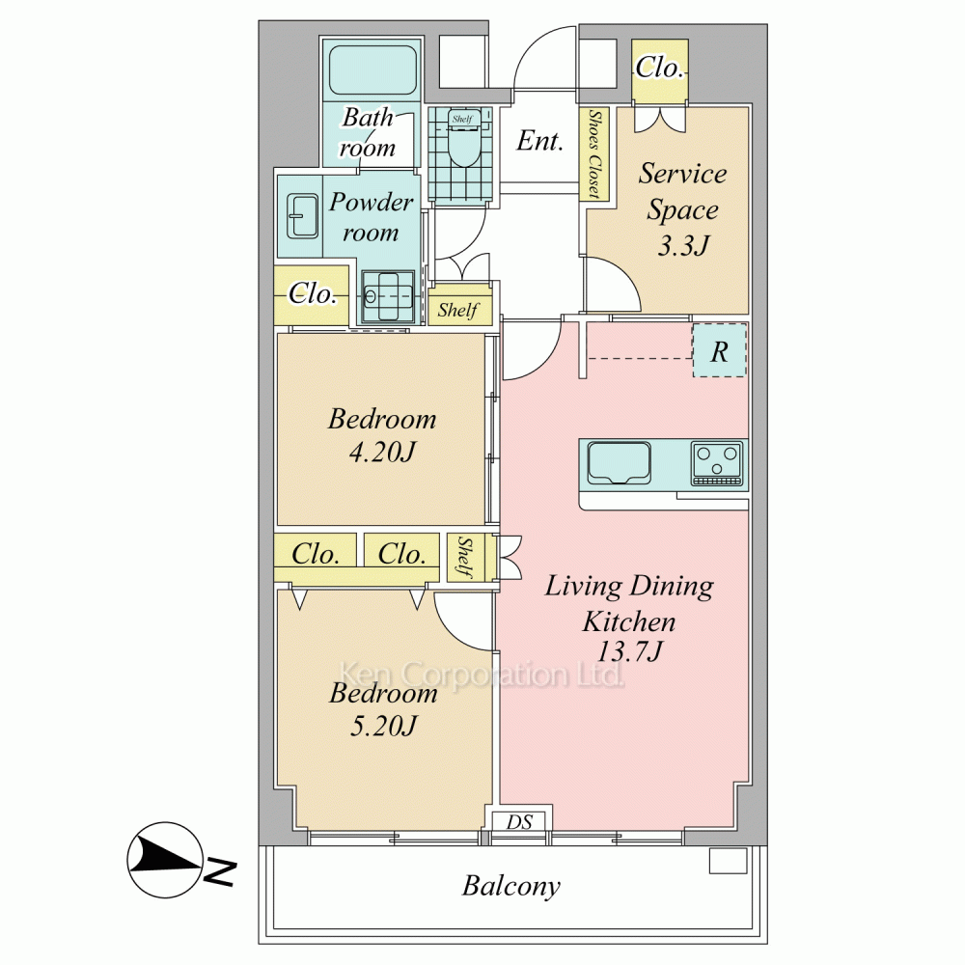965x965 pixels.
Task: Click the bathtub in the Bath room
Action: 372,69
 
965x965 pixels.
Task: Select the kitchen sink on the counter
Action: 619,463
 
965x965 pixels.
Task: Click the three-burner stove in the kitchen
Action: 716,463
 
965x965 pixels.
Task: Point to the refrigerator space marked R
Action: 720,351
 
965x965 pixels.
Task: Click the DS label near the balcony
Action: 519,821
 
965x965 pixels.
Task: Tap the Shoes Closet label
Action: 593,153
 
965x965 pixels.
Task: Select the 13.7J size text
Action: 629,651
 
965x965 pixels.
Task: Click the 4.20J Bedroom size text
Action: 382,453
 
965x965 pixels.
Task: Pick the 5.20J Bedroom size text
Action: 383,727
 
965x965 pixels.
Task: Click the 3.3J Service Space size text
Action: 683,246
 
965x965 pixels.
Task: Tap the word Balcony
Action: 511,886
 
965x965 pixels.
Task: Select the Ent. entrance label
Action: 539,141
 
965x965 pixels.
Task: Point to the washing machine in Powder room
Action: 388,297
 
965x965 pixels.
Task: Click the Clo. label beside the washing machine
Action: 313,293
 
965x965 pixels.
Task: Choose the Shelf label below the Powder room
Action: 458,310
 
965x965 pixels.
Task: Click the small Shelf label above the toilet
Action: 462,119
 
